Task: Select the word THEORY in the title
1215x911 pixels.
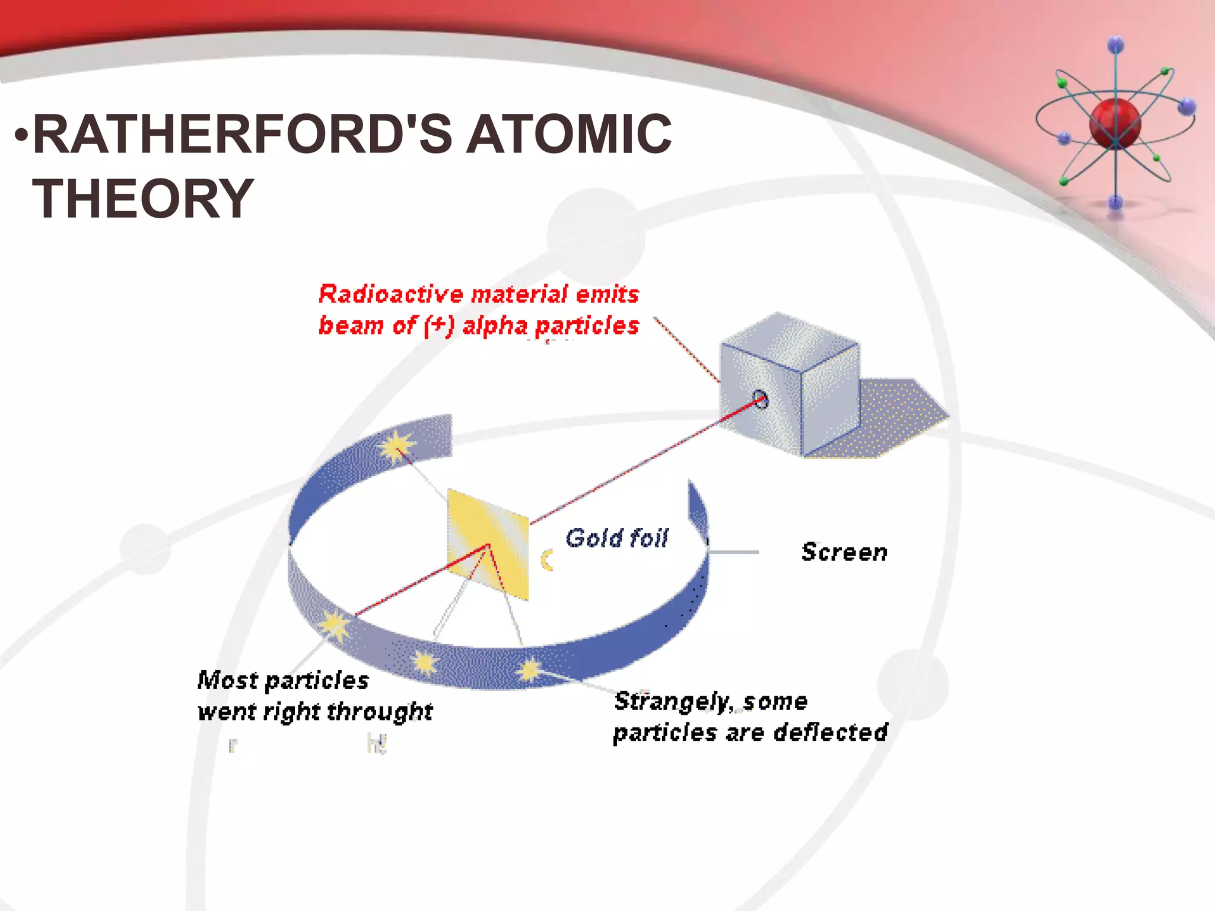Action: coord(143,199)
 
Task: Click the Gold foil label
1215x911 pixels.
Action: coord(617,538)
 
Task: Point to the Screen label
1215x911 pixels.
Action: coord(844,552)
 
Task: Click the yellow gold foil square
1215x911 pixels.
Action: coord(488,544)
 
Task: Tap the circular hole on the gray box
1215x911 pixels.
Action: coord(761,399)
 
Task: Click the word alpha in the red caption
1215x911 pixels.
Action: coord(495,326)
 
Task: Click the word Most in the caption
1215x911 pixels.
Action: coord(227,680)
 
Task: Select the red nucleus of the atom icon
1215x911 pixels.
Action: coord(1115,123)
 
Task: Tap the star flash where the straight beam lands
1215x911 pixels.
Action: coord(335,625)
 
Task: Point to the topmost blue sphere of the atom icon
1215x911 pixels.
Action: coord(1115,44)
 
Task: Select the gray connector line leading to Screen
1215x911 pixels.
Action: coord(733,552)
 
